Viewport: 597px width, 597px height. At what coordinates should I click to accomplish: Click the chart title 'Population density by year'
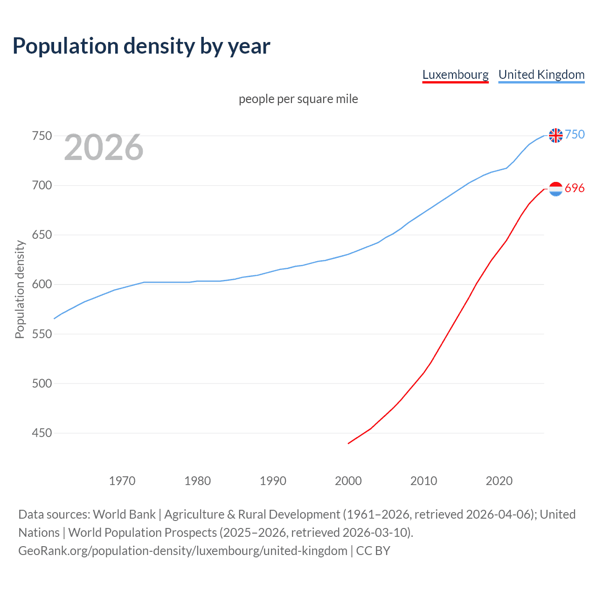(141, 46)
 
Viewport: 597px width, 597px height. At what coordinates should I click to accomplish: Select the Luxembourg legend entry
(455, 75)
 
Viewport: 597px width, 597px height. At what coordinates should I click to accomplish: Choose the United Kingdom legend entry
(541, 75)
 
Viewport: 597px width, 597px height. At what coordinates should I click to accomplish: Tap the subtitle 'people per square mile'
(298, 99)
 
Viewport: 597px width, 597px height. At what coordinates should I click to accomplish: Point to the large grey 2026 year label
(104, 147)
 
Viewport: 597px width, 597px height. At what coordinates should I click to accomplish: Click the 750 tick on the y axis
(42, 136)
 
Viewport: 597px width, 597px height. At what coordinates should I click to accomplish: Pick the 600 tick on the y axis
(42, 285)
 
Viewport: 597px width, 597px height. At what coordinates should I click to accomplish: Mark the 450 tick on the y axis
(42, 433)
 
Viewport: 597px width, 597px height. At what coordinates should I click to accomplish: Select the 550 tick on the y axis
(42, 334)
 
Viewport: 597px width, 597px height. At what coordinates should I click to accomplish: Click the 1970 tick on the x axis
(122, 481)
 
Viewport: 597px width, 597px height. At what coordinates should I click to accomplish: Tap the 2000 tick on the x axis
(348, 481)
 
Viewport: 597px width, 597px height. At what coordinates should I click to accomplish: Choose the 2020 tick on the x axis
(499, 481)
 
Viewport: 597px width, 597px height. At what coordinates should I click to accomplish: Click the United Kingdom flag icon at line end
(555, 135)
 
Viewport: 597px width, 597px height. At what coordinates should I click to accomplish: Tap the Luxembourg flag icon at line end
(555, 189)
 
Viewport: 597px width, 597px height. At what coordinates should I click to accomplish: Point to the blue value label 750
(575, 135)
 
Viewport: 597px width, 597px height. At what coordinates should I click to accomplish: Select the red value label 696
(575, 188)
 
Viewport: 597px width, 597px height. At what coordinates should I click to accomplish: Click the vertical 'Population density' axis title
(20, 289)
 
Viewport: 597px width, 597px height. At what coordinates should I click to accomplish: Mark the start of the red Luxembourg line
(349, 443)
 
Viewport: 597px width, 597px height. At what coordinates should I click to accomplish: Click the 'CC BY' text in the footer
(373, 551)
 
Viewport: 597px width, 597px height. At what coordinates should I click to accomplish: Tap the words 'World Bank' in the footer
(124, 514)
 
